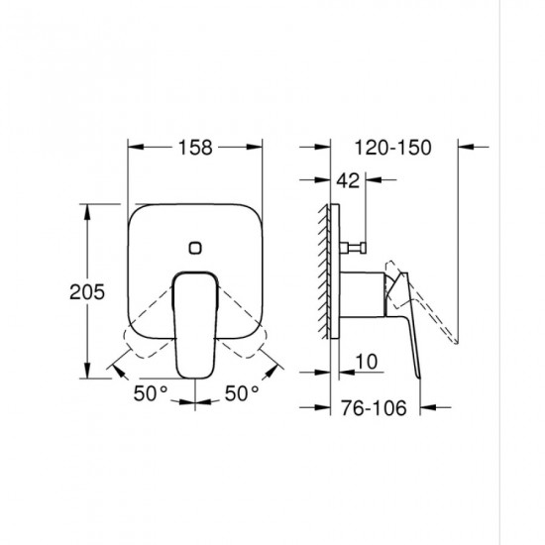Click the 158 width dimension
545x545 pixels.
(x=195, y=147)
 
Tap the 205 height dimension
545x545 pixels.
(x=87, y=292)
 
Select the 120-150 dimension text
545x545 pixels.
(x=392, y=148)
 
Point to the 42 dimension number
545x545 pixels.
(x=348, y=180)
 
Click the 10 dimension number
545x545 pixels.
(x=367, y=362)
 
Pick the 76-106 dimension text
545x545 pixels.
(x=374, y=407)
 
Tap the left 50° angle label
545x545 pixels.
(x=151, y=393)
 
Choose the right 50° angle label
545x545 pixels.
(x=242, y=393)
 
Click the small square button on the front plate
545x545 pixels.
(x=195, y=248)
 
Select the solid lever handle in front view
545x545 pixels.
(x=195, y=325)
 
